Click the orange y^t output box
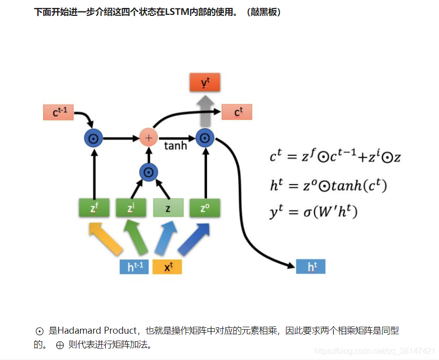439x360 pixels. (x=204, y=82)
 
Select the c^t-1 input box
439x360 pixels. (x=58, y=112)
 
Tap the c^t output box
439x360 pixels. (x=237, y=112)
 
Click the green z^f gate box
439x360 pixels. (x=94, y=208)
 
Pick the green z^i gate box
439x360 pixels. (x=131, y=208)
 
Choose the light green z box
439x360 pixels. (x=168, y=208)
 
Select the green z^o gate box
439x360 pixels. (x=204, y=208)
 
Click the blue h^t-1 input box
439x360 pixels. (x=134, y=267)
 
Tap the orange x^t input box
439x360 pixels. (x=167, y=267)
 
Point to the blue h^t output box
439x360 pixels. (x=310, y=267)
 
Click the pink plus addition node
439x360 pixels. (x=148, y=137)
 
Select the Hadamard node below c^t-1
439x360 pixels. (x=93, y=137)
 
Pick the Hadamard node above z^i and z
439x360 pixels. (x=148, y=172)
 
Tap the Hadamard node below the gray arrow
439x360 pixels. (x=204, y=137)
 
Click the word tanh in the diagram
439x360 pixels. (x=175, y=146)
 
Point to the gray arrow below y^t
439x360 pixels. (x=204, y=110)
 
